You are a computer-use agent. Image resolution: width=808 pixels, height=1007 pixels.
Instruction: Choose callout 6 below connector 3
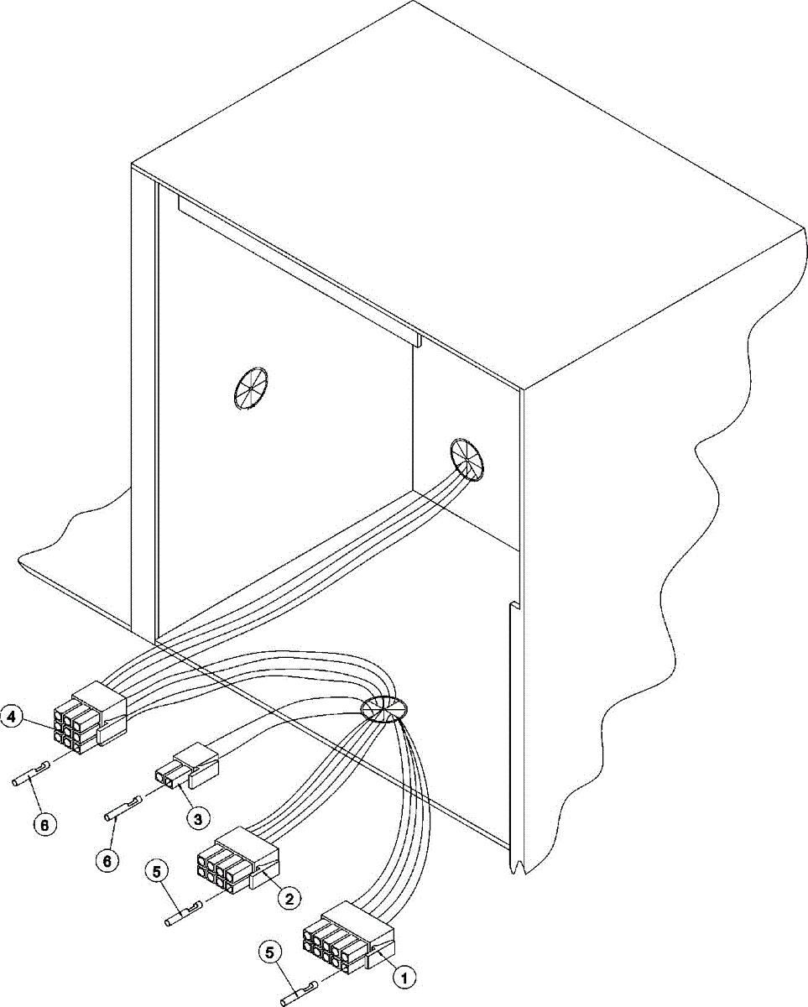(106, 859)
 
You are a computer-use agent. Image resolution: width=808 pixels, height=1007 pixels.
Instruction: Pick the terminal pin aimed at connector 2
(186, 914)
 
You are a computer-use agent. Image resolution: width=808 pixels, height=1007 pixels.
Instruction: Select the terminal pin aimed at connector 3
(123, 807)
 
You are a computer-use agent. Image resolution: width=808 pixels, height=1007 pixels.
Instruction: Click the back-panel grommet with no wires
(250, 389)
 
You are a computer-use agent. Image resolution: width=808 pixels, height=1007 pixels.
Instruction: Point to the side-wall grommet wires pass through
(467, 459)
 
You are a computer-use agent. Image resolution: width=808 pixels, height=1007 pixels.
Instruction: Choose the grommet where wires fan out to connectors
(383, 709)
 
